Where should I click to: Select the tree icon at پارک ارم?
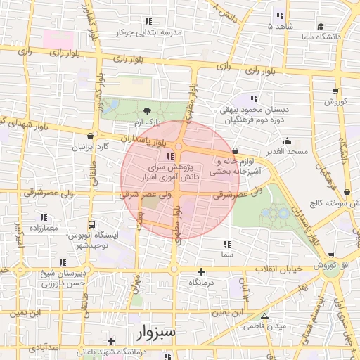(146, 111)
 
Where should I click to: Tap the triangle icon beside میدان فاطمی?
(264, 316)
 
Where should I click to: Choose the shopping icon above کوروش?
(335, 91)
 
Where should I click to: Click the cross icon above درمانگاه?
(202, 271)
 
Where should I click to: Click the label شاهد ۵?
(279, 25)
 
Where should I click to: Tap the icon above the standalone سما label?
(227, 244)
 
